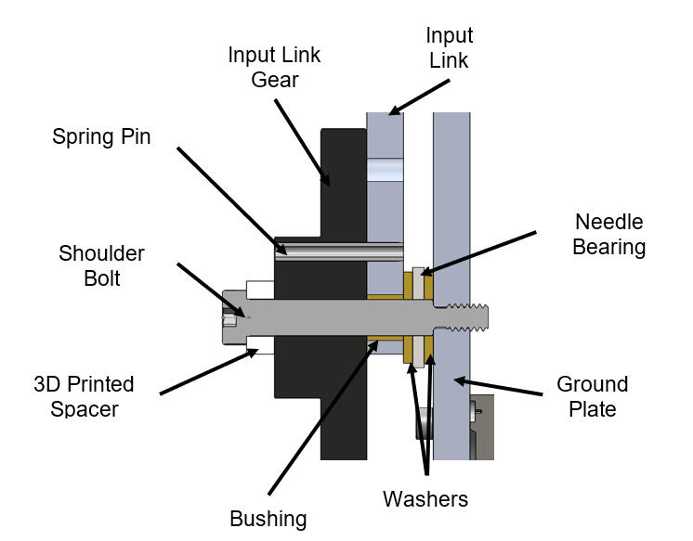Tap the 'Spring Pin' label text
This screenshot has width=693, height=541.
coord(100,137)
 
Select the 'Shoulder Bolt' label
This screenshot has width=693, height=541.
coord(101,264)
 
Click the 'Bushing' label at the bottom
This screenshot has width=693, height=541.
coord(268,517)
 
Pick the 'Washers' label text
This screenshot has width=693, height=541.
coord(425,498)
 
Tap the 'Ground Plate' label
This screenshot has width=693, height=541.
coord(592,395)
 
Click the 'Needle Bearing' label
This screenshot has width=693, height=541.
coord(609,234)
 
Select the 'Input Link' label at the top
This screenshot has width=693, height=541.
coord(449,48)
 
